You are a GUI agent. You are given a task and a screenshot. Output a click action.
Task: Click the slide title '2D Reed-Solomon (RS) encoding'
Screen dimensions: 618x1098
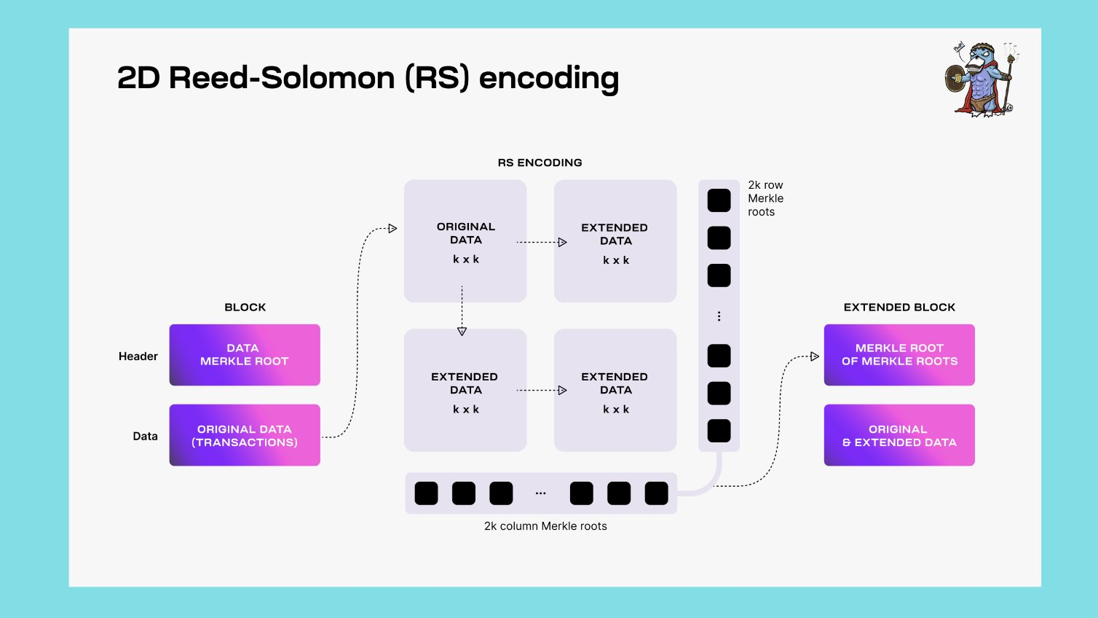(x=368, y=78)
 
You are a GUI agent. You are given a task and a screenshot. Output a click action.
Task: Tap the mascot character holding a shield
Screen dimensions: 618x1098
(x=982, y=79)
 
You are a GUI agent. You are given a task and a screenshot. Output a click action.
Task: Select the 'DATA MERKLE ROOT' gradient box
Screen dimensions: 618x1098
(x=245, y=355)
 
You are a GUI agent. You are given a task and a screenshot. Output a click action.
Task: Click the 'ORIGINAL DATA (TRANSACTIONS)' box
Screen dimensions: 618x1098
(x=245, y=435)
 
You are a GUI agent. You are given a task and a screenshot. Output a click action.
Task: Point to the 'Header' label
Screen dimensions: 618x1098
(x=138, y=356)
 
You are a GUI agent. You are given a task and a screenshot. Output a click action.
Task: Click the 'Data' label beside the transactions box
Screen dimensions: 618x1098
(x=145, y=437)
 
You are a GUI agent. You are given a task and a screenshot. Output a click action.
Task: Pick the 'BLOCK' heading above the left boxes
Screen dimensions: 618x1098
(x=245, y=308)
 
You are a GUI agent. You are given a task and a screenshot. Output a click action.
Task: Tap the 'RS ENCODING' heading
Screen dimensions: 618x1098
(x=540, y=163)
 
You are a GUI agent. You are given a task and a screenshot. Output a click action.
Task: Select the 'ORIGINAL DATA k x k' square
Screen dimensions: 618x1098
(x=465, y=241)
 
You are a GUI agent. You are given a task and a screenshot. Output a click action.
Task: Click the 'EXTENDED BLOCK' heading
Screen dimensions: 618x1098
(x=899, y=308)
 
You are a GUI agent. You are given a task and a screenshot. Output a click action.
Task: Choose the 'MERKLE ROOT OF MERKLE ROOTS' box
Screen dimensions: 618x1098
(x=899, y=355)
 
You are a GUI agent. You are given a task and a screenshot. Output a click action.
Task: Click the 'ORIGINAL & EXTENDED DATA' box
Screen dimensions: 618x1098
(x=899, y=435)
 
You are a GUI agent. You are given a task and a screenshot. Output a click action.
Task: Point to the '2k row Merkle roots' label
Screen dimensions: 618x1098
(x=765, y=198)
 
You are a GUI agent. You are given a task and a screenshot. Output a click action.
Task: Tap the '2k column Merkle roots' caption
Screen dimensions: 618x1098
(x=545, y=526)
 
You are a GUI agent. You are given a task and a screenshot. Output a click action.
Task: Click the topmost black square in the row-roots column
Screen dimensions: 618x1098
(x=719, y=200)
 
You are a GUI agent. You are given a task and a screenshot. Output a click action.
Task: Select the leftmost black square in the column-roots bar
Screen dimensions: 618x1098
(x=426, y=493)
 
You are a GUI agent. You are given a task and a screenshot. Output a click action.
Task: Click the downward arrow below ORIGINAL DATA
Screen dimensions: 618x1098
(x=462, y=331)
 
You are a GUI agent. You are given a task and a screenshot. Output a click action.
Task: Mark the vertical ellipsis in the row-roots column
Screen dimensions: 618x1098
(x=719, y=316)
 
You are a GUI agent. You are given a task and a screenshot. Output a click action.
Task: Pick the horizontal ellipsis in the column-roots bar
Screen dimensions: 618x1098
(x=540, y=493)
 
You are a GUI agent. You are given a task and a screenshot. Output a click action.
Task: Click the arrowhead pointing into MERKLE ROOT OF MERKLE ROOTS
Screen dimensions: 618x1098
(x=815, y=356)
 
